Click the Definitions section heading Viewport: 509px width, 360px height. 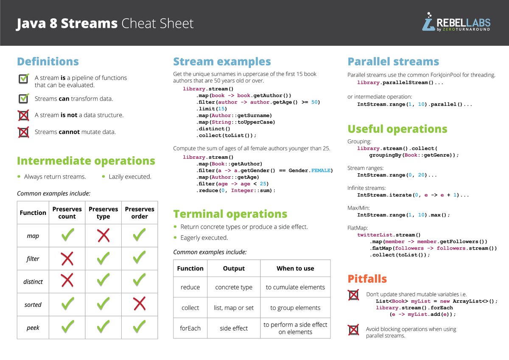coord(48,62)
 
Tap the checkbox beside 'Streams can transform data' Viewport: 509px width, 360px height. coord(24,98)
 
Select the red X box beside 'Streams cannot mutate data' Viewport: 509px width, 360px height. coord(24,132)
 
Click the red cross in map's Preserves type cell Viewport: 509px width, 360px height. coord(103,235)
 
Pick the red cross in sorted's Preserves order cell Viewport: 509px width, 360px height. coord(139,304)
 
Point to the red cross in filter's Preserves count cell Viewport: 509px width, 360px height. coord(67,258)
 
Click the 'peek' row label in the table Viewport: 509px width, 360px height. coord(33,327)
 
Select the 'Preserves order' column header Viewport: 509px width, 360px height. coord(139,213)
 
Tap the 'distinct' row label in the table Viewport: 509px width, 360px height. coord(33,281)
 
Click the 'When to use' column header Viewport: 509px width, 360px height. coord(295,268)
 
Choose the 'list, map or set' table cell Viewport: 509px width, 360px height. coord(234,308)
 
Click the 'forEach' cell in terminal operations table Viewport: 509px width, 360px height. coord(190,328)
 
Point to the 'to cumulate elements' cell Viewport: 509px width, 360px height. coord(295,287)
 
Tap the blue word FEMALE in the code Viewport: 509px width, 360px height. coord(322,170)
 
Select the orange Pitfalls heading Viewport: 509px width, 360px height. coord(367,279)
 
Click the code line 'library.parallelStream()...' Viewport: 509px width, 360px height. coord(400,83)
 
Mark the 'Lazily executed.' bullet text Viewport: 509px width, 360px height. coord(130,177)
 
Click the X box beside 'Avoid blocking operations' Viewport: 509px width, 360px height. coord(353,330)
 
